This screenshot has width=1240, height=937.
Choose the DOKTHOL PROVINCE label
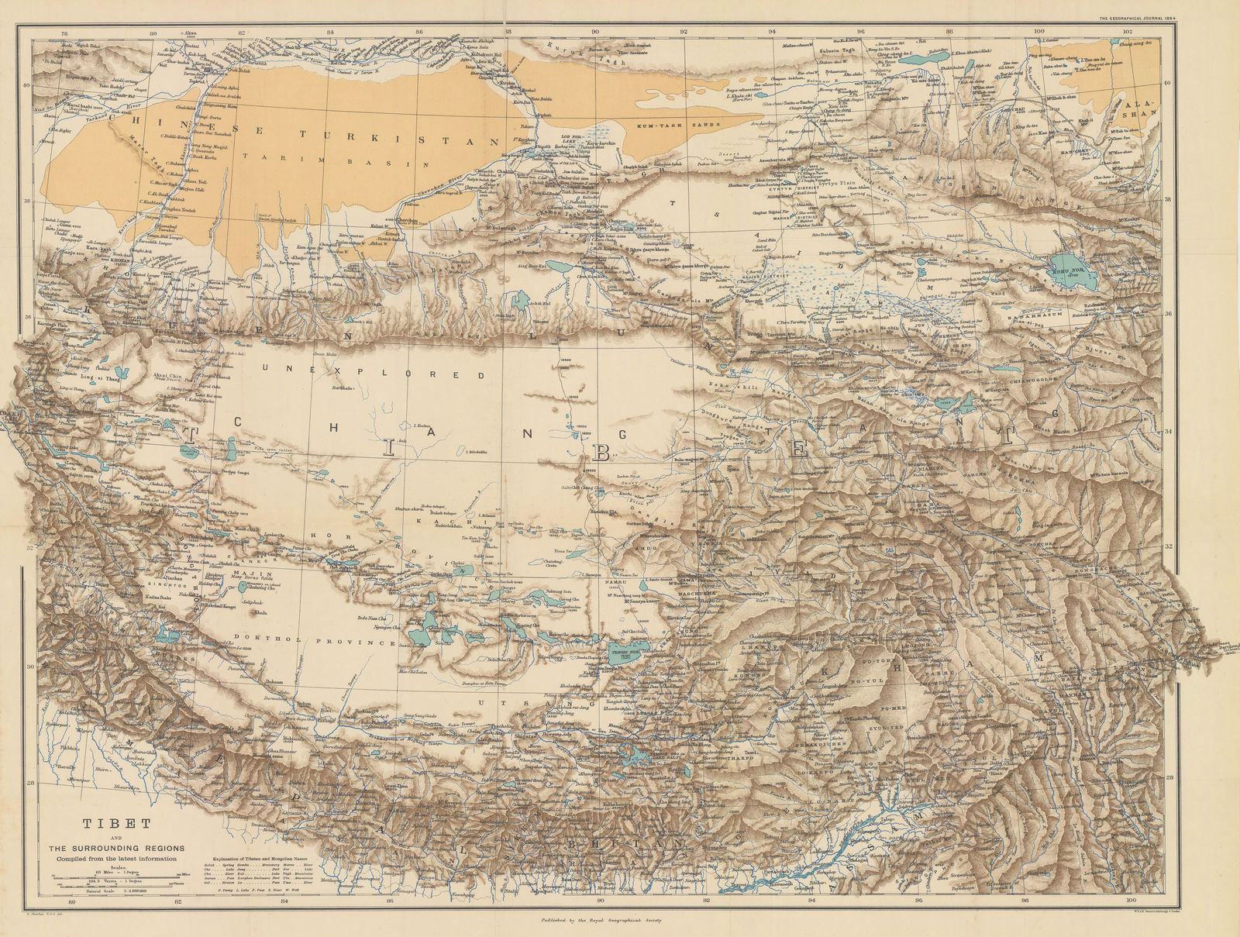[x=350, y=642]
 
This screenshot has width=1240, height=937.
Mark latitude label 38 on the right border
[x=1169, y=200]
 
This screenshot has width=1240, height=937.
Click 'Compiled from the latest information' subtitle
[x=117, y=859]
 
